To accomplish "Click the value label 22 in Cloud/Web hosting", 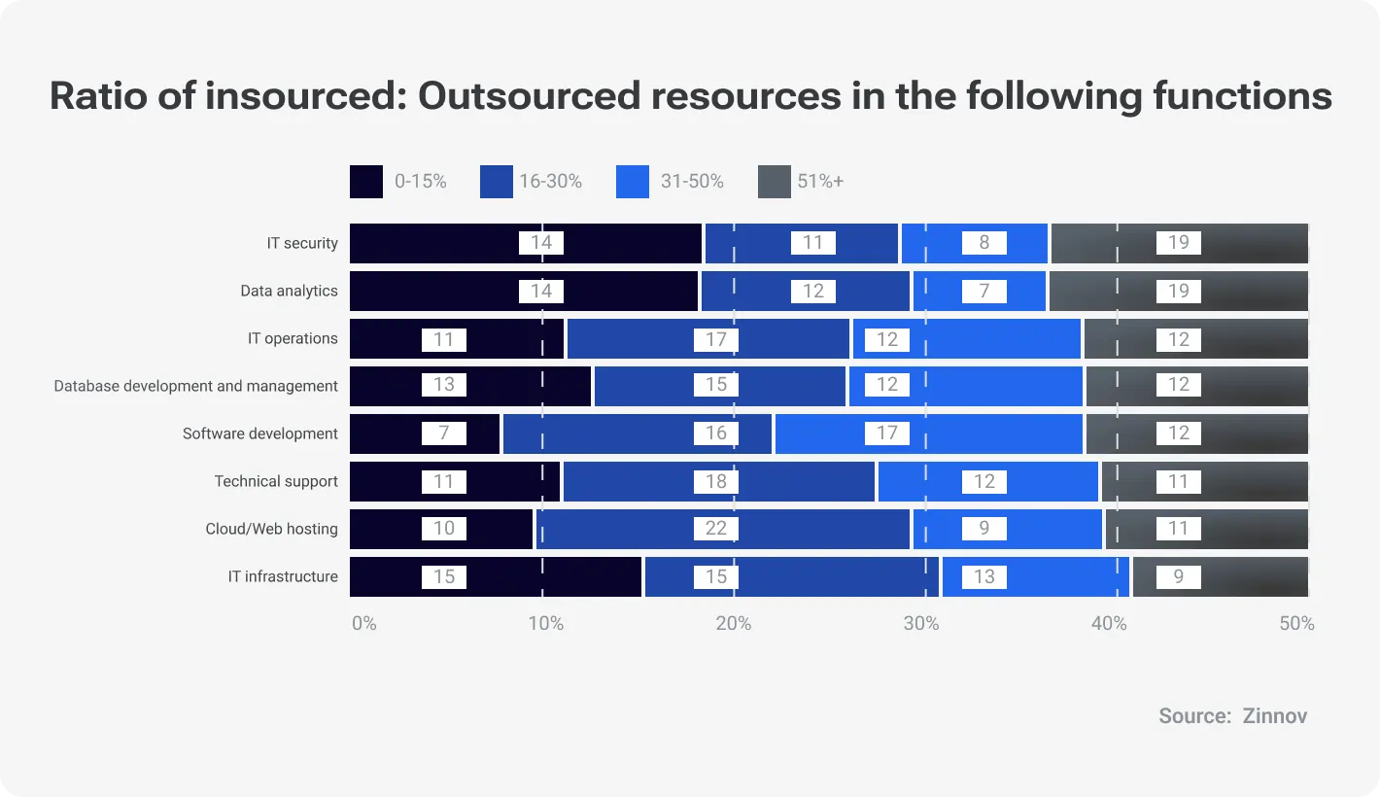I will coord(716,529).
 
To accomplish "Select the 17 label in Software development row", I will coord(887,433).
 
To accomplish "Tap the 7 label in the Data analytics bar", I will coord(984,291).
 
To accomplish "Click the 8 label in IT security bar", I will coord(984,243).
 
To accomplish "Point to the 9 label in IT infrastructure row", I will coord(1179,576).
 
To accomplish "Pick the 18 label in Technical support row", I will coord(716,481).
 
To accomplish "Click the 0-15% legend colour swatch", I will coord(366,182).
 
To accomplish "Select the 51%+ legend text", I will coord(820,181).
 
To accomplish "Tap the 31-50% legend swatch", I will coord(632,182).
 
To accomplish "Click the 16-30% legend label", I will coord(550,181).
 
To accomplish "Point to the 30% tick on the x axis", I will coord(921,623).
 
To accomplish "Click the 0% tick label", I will coord(364,623).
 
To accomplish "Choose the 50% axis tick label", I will coord(1296,623).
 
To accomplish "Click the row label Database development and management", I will coord(196,386).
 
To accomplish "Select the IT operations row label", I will coord(293,338).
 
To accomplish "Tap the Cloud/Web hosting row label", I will coord(271,529).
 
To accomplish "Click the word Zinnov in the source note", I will coord(1274,716).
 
